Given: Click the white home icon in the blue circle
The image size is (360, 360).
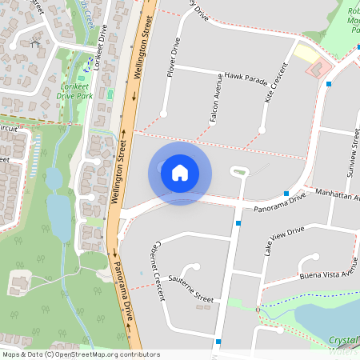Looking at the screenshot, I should pyautogui.click(x=180, y=173).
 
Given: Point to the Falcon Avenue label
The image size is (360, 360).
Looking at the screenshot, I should pyautogui.click(x=214, y=100).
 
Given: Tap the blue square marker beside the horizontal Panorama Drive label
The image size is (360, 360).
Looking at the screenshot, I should pyautogui.click(x=286, y=193).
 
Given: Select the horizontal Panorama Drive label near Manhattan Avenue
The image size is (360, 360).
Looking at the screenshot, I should pyautogui.click(x=275, y=203).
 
